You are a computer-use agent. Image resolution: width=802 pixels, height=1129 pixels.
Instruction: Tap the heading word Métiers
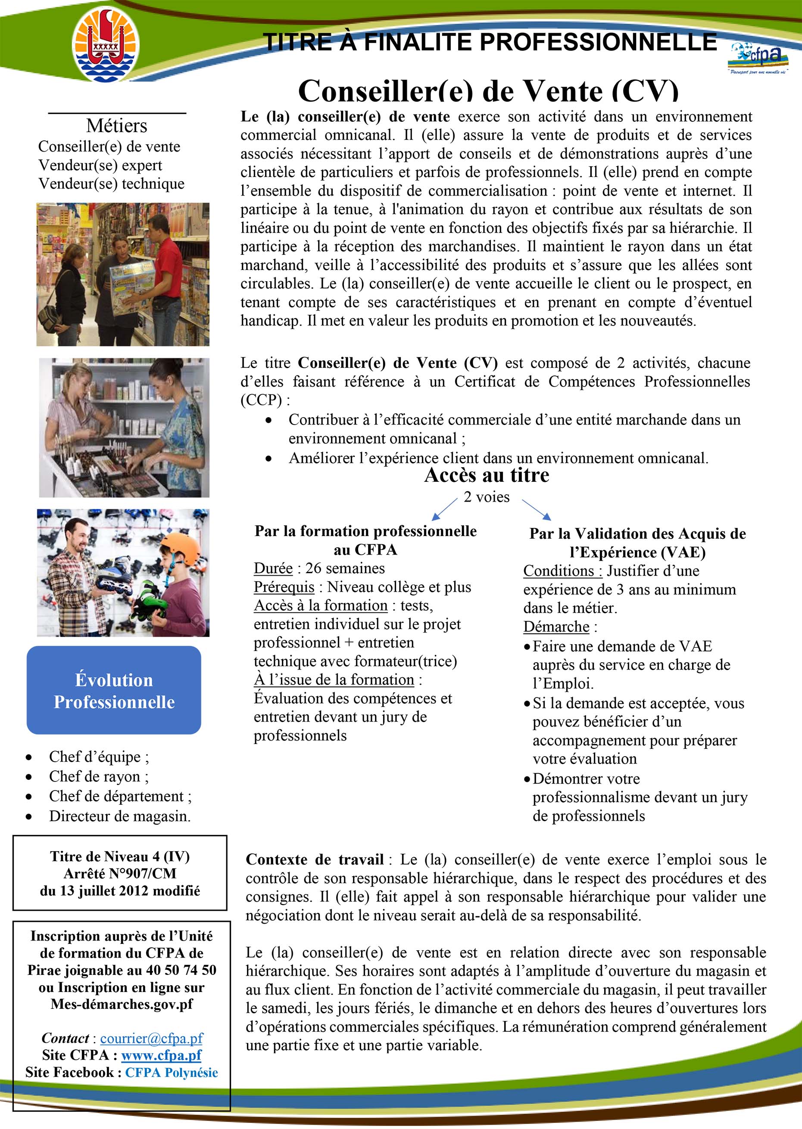click(x=116, y=126)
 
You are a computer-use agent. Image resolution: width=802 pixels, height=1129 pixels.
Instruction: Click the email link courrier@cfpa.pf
click(x=152, y=1038)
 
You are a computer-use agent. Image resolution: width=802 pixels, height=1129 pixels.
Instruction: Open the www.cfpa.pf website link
click(x=162, y=1055)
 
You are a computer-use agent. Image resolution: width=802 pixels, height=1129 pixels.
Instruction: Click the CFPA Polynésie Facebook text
click(x=172, y=1072)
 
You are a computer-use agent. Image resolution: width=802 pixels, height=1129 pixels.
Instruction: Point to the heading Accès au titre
click(x=487, y=475)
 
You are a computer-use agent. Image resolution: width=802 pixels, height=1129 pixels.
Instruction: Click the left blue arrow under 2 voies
click(x=444, y=509)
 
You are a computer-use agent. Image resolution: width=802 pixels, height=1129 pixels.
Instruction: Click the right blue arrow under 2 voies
click(x=536, y=510)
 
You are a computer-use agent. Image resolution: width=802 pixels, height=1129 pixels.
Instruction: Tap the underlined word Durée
click(x=273, y=568)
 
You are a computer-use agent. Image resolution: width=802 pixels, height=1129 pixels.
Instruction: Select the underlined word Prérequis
click(x=284, y=587)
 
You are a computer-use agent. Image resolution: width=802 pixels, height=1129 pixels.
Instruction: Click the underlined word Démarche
click(x=556, y=627)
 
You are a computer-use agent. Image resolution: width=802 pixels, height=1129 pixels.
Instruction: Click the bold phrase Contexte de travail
click(x=315, y=859)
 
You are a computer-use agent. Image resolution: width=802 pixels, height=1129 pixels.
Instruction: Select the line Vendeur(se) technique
click(x=111, y=183)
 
